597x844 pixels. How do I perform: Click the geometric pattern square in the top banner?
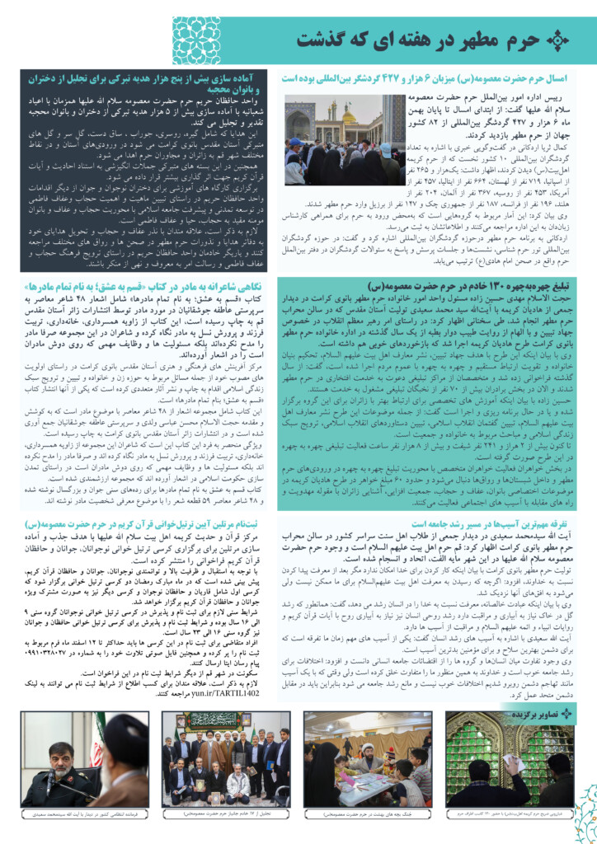click(x=196, y=39)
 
